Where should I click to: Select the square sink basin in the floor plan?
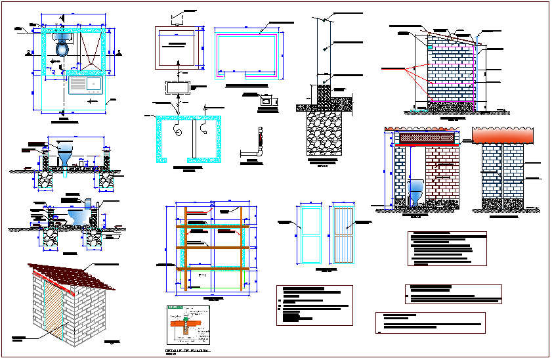click(94, 84)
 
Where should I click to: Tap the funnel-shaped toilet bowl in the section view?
click(66, 156)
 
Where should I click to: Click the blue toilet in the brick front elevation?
click(416, 193)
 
